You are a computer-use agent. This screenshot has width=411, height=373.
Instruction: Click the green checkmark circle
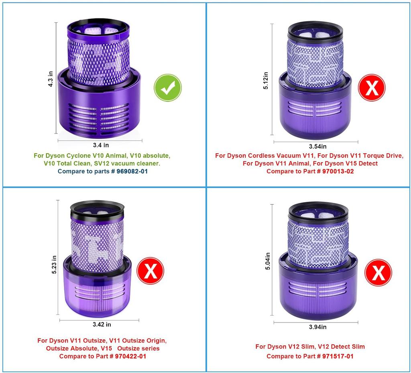pyautogui.click(x=168, y=88)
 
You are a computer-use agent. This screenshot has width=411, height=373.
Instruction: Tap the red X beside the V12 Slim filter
pyautogui.click(x=378, y=273)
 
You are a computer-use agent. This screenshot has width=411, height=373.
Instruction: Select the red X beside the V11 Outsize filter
pyautogui.click(x=151, y=271)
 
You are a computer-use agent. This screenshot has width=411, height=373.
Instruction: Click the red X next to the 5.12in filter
pyautogui.click(x=372, y=87)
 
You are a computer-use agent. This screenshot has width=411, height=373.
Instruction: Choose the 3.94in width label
pyautogui.click(x=317, y=327)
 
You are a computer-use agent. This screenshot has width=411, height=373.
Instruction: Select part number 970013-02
pyautogui.click(x=338, y=171)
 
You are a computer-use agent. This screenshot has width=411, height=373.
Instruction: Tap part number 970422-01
pyautogui.click(x=130, y=356)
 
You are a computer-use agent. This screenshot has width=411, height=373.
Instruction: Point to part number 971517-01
pyautogui.click(x=338, y=356)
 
